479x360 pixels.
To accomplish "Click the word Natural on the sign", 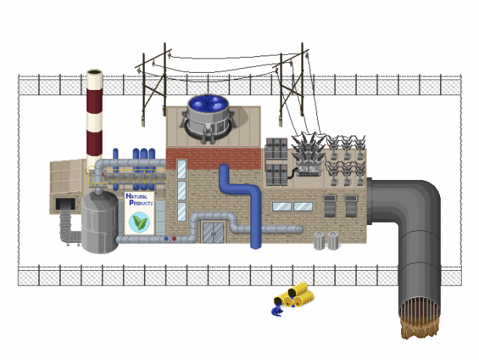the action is [x=136, y=196].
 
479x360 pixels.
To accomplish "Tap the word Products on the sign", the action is [x=141, y=202].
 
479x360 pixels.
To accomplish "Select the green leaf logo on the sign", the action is [x=139, y=222].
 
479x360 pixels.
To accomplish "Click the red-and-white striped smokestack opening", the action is [x=94, y=72].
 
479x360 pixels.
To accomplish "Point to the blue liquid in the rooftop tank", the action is [x=208, y=103].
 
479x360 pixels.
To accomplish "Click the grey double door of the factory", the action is [x=214, y=232].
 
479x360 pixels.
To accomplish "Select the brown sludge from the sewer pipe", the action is [x=420, y=328].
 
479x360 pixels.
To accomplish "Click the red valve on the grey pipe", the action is [x=174, y=238].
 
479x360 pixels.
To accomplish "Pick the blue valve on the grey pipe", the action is [x=166, y=238].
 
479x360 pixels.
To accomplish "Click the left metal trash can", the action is [x=319, y=241].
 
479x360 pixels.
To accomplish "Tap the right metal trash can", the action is [x=333, y=241].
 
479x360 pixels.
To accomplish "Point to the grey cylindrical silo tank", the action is [x=100, y=223].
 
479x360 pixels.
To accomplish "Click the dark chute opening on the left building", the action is [x=65, y=204].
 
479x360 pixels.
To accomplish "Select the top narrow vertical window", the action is [x=181, y=169].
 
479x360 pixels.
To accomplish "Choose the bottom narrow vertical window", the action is [x=181, y=211].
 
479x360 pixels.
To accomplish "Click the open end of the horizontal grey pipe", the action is [x=301, y=229].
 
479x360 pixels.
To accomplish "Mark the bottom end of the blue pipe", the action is [x=256, y=245].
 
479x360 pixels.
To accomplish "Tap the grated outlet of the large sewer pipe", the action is [x=420, y=308].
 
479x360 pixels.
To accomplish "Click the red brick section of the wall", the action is [x=213, y=159].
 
